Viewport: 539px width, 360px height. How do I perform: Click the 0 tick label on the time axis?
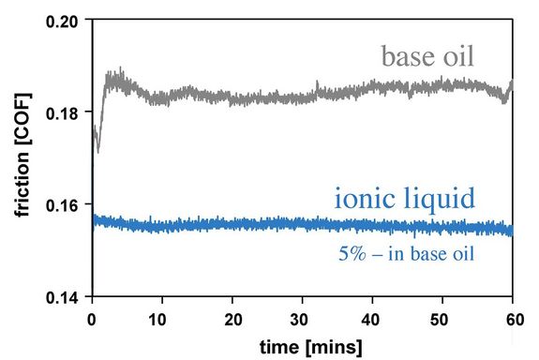92,315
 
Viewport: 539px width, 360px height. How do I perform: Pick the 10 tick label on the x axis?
162,315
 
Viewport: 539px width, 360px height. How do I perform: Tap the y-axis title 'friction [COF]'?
21,157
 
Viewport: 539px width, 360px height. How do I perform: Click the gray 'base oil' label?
427,57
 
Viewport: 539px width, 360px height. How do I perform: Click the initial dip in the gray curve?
97,148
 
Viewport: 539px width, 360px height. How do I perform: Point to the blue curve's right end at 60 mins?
512,231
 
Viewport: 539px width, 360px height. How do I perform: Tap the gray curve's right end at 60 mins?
512,86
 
